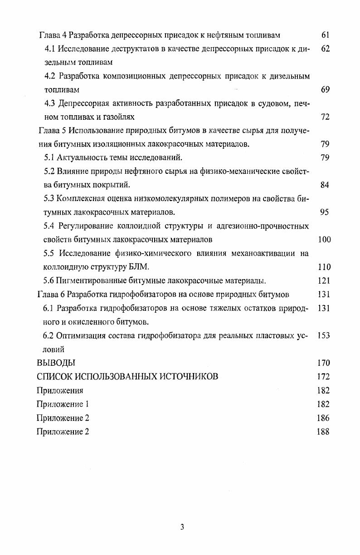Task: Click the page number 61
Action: point(325,35)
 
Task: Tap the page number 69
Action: point(325,89)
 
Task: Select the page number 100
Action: point(324,240)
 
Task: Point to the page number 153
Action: point(324,336)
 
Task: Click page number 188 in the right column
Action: point(323,432)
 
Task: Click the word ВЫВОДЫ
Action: point(55,363)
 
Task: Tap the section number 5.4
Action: point(49,226)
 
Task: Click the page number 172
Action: point(324,377)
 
